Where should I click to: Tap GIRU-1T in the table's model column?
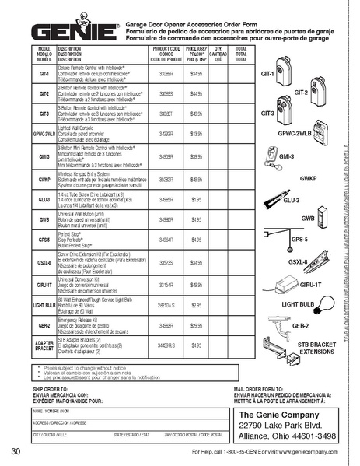click(44, 286)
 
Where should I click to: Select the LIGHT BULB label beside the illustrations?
click(298, 303)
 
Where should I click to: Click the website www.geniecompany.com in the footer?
click(311, 451)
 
